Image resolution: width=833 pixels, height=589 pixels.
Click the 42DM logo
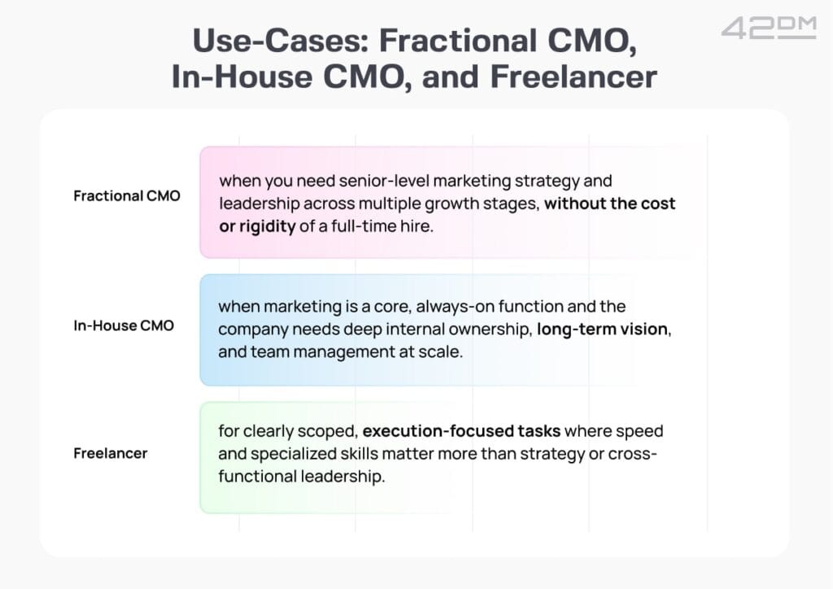[768, 28]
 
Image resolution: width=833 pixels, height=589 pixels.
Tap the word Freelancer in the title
[574, 76]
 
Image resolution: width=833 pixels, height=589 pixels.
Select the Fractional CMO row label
[127, 196]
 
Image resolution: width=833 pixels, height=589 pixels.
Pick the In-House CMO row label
[124, 325]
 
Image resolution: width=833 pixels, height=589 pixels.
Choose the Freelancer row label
[111, 454]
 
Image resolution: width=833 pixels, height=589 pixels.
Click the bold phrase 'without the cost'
[610, 203]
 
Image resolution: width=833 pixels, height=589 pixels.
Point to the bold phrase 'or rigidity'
[257, 227]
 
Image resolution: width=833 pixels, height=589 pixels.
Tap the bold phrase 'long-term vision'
[603, 329]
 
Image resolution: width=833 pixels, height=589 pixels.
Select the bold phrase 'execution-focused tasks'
[461, 430]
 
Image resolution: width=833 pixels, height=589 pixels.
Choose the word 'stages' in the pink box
[513, 204]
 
